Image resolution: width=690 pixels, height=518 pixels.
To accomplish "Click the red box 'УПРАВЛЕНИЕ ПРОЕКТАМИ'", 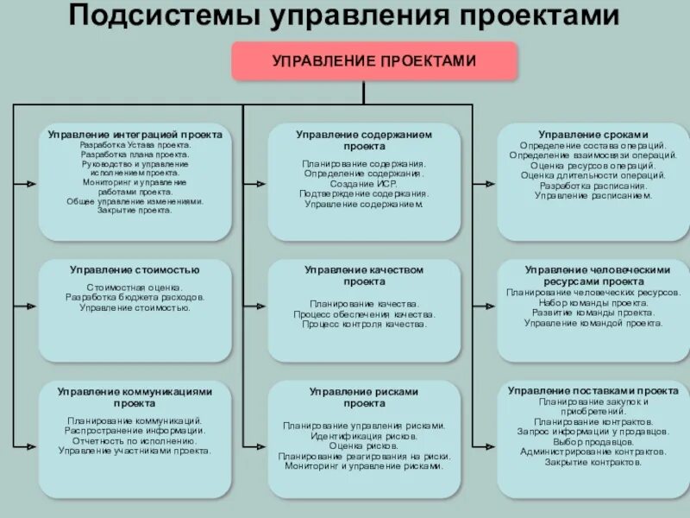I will pos(373,60).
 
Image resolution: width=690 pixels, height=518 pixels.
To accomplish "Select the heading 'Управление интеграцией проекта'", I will pos(135,135).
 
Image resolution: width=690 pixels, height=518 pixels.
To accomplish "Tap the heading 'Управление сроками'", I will pos(593,135).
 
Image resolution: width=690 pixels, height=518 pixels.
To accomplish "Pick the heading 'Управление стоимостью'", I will pos(135,270).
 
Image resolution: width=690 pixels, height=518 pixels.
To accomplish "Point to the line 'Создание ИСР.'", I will pos(364,184).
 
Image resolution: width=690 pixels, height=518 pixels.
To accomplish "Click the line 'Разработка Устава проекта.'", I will pos(135,145).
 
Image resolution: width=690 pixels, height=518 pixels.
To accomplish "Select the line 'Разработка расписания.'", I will pos(593,186).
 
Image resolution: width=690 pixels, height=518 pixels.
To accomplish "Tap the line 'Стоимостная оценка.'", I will pos(135,287).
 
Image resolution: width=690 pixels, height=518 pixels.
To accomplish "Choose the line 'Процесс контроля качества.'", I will pos(364,325).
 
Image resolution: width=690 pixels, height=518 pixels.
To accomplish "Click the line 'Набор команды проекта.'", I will pos(593,302).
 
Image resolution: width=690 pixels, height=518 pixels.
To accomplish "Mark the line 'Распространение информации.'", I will pos(135,430).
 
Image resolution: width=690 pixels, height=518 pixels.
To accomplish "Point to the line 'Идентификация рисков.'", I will pos(364,435).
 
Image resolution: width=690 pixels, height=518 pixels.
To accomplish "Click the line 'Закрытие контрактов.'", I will pos(593,462).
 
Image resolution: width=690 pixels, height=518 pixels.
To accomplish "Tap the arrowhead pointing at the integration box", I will pos(32,185).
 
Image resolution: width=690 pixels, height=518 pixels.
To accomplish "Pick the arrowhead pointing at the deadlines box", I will pos(491,185).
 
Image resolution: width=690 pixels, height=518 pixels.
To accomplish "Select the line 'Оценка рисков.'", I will pos(364,445).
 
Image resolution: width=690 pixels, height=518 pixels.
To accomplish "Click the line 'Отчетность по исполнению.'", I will pos(135,440).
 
